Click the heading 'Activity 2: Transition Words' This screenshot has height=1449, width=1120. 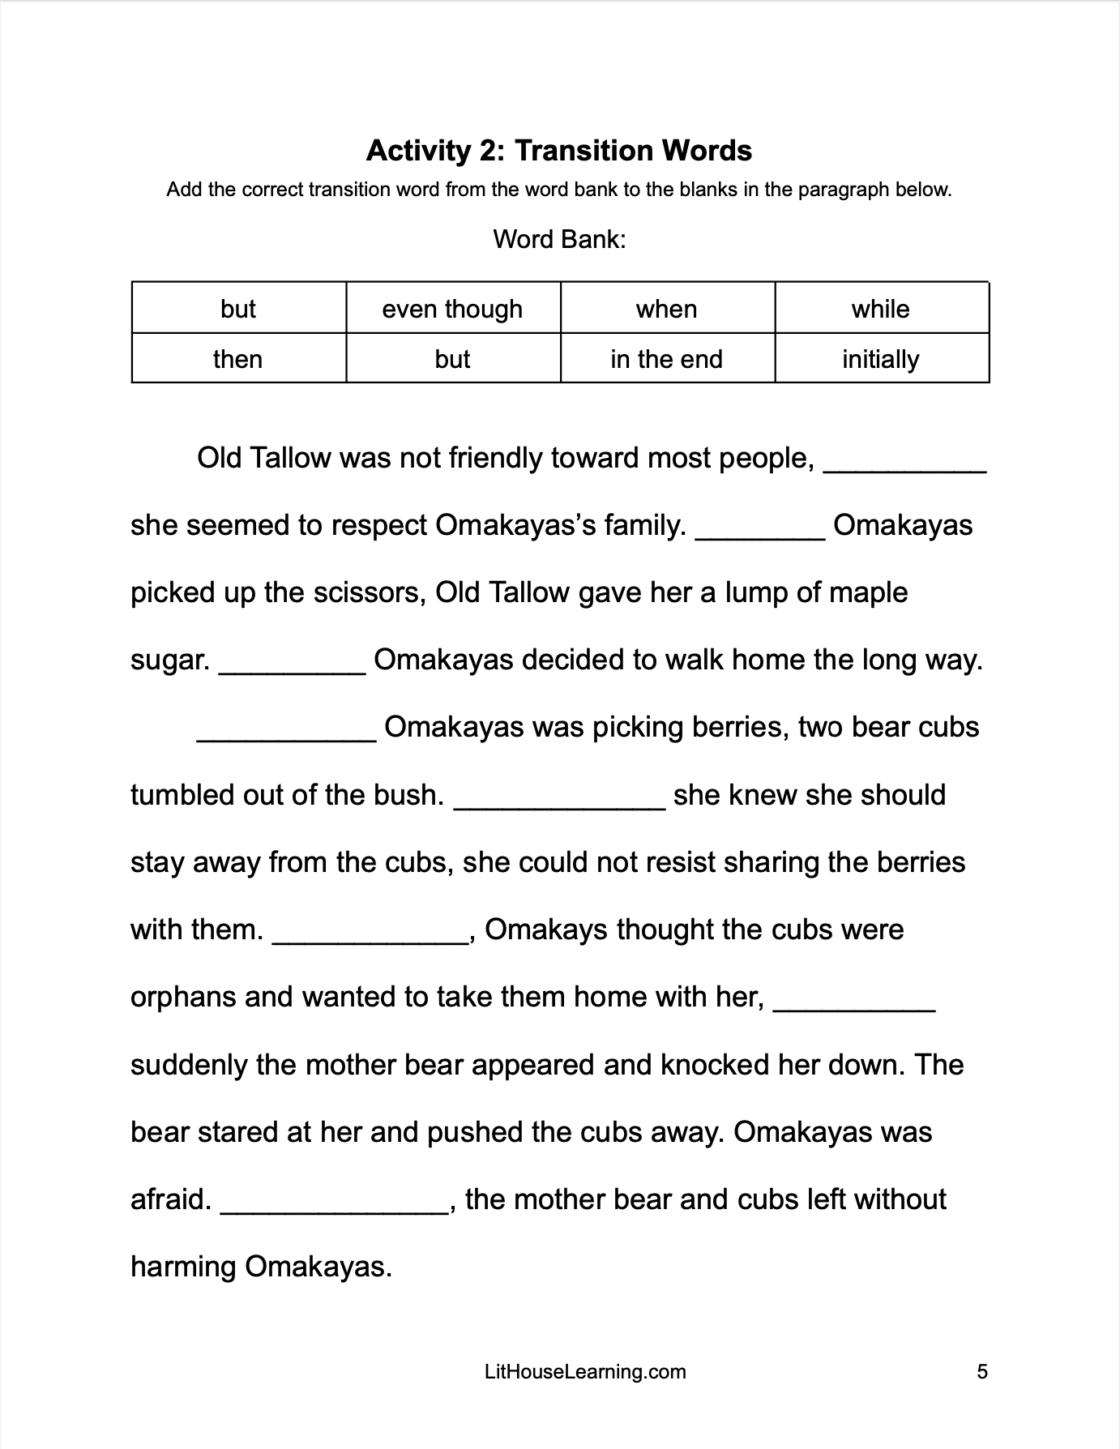pyautogui.click(x=559, y=151)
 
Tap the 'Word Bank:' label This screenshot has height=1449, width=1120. pyautogui.click(x=559, y=240)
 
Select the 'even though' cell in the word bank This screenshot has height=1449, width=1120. pyautogui.click(x=452, y=309)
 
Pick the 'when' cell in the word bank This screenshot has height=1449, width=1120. pyautogui.click(x=666, y=309)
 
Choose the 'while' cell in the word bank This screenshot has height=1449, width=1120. pyautogui.click(x=880, y=309)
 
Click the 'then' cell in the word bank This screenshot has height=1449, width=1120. pyautogui.click(x=237, y=359)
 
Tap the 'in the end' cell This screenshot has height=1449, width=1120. pyautogui.click(x=666, y=359)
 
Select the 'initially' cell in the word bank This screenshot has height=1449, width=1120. pyautogui.click(x=880, y=359)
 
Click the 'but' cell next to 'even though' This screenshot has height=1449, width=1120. pyautogui.click(x=237, y=309)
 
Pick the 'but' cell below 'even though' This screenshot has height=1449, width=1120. pyautogui.click(x=452, y=359)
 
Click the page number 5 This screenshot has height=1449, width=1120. pyautogui.click(x=982, y=1372)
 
